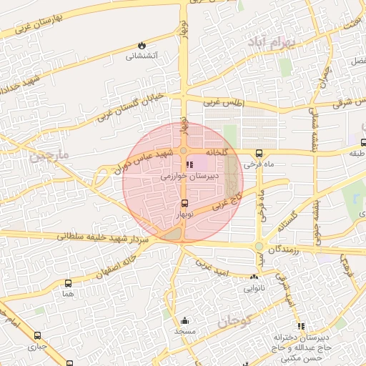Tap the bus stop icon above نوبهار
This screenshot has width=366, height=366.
point(184,203)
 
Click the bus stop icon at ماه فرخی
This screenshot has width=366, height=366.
point(258,153)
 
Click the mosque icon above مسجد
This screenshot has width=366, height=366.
point(185,320)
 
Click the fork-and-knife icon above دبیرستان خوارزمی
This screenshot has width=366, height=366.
point(189,164)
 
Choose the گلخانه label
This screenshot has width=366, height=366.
point(219,153)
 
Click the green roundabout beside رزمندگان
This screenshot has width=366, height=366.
point(259,247)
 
